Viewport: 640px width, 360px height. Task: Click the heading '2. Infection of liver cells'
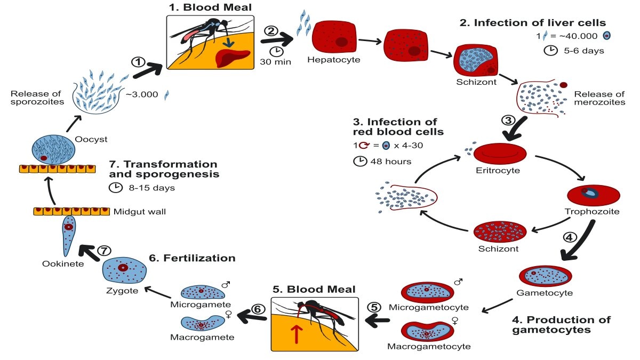click(x=533, y=23)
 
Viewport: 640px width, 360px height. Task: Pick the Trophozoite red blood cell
click(x=593, y=195)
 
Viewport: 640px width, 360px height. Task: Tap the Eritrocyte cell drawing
click(x=500, y=154)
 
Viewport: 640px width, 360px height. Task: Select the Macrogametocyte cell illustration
click(x=427, y=331)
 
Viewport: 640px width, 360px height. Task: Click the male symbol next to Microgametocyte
click(x=457, y=282)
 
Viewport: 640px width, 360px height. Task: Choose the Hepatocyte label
click(x=334, y=60)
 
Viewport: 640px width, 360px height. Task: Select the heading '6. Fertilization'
click(x=192, y=258)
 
